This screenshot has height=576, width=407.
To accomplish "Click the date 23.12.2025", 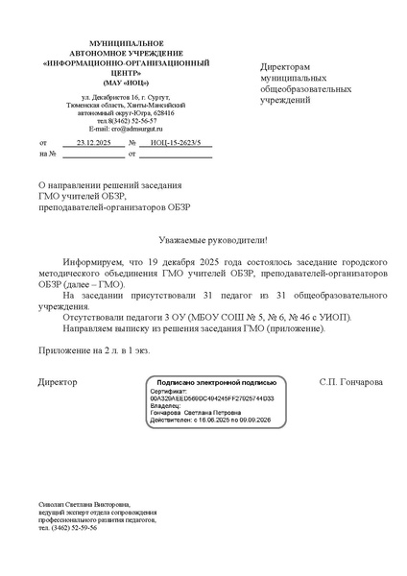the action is pos(94,141).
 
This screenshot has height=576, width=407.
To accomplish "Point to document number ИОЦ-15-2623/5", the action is pos(177,141).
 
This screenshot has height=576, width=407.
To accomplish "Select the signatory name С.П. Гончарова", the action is pos(350,382).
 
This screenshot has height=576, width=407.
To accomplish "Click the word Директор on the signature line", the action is pos(58,382).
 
